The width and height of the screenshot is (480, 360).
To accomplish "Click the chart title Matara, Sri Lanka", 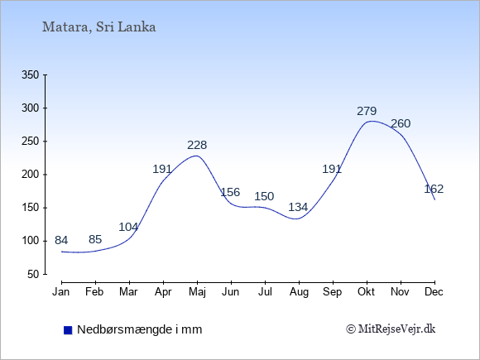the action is click(98, 27).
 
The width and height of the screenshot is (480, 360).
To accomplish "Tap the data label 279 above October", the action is click(367, 111).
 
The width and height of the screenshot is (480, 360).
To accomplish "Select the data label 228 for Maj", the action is click(197, 145).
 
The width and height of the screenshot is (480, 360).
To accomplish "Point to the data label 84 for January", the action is click(61, 240).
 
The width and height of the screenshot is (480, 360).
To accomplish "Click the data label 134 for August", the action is click(298, 207).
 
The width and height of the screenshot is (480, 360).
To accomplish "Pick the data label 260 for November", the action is click(401, 123).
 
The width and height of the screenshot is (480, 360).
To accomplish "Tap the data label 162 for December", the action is click(434, 189).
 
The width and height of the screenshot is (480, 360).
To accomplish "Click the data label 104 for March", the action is click(128, 227).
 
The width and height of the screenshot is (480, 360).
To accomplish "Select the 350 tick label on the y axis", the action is click(31, 74).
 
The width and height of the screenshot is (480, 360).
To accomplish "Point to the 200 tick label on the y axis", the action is click(31, 175).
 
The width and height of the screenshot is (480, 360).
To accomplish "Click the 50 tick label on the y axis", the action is click(33, 274).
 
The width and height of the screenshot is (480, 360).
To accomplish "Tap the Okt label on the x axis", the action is click(366, 292).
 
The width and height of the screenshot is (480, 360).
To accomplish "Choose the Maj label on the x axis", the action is click(197, 292).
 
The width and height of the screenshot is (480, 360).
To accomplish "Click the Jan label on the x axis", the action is click(61, 292).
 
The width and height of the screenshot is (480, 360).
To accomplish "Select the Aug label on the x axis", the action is click(299, 292).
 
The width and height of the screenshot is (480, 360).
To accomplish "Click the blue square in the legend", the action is click(68, 330).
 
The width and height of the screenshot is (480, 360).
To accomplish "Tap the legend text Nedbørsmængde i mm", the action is click(140, 329).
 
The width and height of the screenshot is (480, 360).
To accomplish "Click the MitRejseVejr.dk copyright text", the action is click(391, 329).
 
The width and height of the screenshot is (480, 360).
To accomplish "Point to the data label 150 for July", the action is click(264, 196).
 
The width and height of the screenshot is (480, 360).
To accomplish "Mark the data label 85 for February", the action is click(95, 239).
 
